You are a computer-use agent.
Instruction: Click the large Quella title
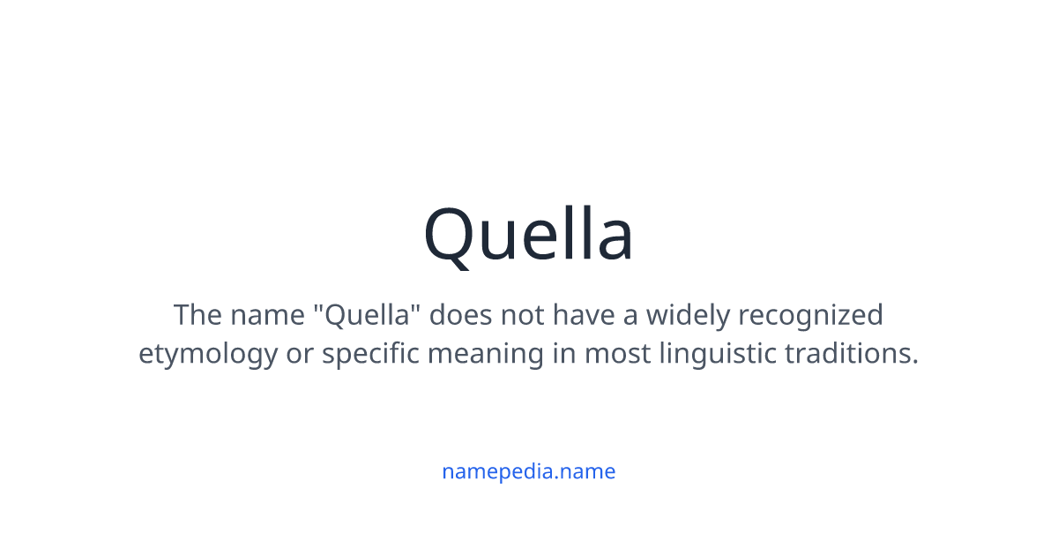528,235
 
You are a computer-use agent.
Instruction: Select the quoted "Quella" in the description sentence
369,314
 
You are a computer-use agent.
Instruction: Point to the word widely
687,315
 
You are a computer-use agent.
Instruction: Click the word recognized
811,316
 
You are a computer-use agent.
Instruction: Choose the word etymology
207,355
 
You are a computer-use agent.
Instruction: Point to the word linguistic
718,355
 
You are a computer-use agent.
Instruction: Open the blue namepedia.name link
528,471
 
